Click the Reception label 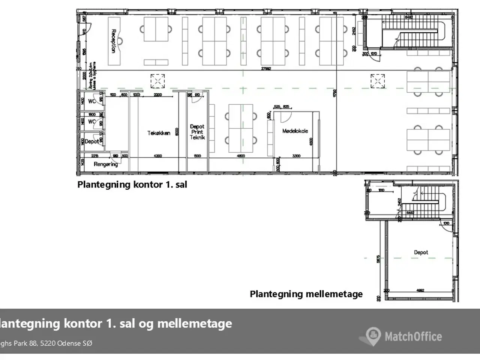[113, 41]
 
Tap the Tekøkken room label [159, 133]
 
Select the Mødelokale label [295, 131]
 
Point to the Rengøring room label [105, 164]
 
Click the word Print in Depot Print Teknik [197, 132]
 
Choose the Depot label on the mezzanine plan [421, 252]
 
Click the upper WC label [91, 101]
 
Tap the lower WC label [91, 121]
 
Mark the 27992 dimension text [266, 69]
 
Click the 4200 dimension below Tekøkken [158, 156]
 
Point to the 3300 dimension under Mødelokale [296, 156]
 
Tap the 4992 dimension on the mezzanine [420, 290]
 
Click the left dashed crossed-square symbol [157, 81]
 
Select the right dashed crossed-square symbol [378, 81]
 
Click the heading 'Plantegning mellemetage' [306, 294]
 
